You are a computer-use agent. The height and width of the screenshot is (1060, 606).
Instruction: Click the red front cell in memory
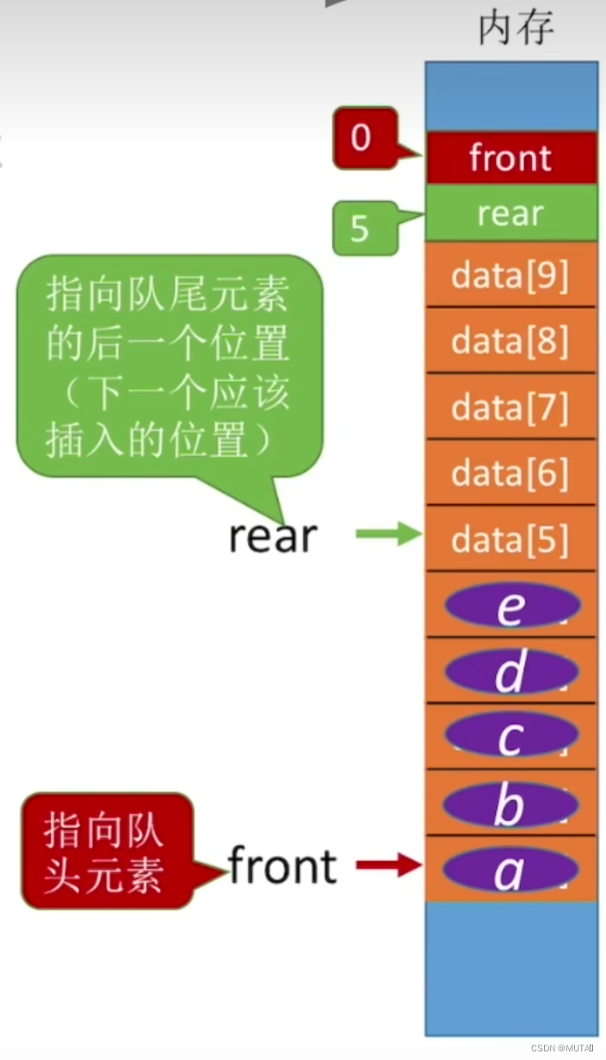click(x=511, y=158)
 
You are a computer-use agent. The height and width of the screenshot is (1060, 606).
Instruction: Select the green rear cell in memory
click(x=511, y=213)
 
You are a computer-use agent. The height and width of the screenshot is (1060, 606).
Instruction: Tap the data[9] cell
click(x=510, y=275)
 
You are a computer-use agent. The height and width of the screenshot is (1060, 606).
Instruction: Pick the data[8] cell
click(x=510, y=341)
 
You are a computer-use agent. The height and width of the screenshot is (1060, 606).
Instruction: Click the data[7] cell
click(x=510, y=406)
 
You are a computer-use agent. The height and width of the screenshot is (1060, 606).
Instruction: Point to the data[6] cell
click(x=510, y=472)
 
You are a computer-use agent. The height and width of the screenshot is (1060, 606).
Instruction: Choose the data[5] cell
click(x=510, y=539)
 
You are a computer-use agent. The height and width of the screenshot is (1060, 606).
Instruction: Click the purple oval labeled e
click(x=511, y=606)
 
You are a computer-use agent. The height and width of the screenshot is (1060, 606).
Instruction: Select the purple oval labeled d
click(x=510, y=672)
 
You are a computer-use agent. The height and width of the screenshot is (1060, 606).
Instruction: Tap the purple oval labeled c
click(x=510, y=736)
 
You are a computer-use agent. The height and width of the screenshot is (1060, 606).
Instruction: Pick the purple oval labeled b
click(x=510, y=804)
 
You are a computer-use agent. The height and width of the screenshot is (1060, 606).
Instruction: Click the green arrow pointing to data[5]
click(x=388, y=535)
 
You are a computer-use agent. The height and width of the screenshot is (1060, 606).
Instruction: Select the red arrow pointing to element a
click(x=388, y=866)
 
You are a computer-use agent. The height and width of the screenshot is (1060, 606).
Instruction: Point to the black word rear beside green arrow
click(x=273, y=536)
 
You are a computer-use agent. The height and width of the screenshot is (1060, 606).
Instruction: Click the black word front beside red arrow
click(x=282, y=866)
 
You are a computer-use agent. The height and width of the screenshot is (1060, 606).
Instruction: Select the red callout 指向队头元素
click(x=106, y=851)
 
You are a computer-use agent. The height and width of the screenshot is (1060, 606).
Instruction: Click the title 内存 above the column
click(x=516, y=28)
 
